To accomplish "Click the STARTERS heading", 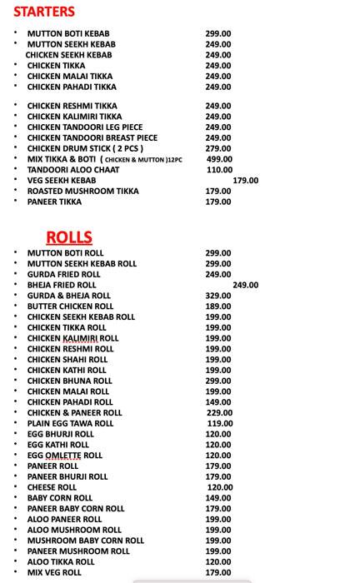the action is click(x=44, y=12).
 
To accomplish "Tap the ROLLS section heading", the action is click(x=69, y=237).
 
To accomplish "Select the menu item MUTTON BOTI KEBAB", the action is click(x=68, y=33).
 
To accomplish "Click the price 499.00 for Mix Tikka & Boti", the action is click(x=218, y=159).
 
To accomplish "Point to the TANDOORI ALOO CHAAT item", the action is click(x=73, y=170).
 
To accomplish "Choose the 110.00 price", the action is click(x=218, y=170).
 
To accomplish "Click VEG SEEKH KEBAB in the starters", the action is click(x=62, y=181).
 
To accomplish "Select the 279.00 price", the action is click(x=218, y=148).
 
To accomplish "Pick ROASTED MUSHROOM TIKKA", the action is click(x=82, y=192).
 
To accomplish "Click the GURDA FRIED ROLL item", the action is click(x=63, y=275).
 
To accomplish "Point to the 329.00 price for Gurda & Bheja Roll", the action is click(x=218, y=296).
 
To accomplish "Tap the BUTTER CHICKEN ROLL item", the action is click(x=70, y=306).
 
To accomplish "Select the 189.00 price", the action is click(x=218, y=306).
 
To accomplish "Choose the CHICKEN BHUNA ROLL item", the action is click(x=69, y=381).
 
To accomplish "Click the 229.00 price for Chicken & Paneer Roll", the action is click(x=219, y=413).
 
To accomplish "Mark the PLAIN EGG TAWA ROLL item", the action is click(x=70, y=424).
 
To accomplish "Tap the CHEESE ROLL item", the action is click(x=52, y=487).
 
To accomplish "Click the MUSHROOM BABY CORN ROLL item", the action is click(x=85, y=541).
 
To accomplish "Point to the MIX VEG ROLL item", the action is click(x=54, y=573).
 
